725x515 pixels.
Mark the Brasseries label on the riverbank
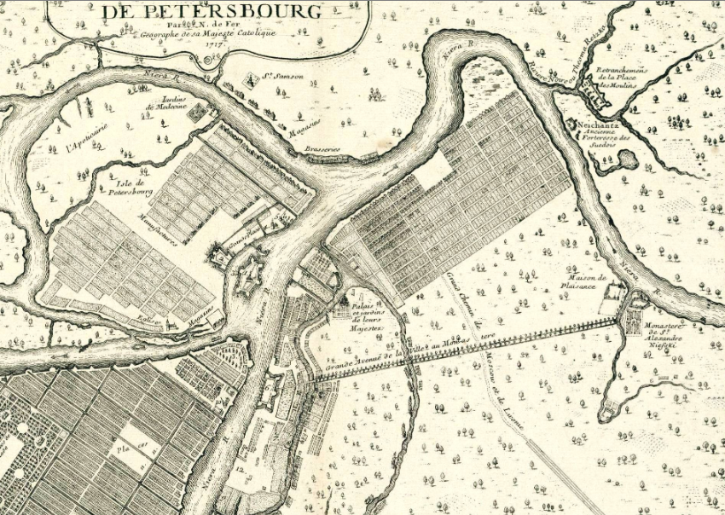[319, 149]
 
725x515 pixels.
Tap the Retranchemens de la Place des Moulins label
[622, 78]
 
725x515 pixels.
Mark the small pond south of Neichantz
[628, 159]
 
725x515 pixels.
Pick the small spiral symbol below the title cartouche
[212, 61]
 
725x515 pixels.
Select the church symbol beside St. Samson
[252, 82]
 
